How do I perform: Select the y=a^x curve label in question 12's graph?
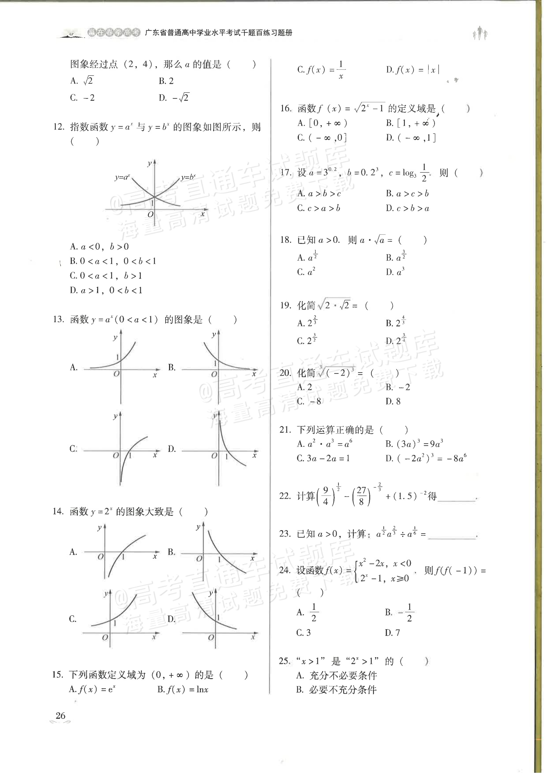[x=122, y=177]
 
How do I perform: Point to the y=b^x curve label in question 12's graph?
[x=188, y=177]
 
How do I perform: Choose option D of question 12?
[x=106, y=290]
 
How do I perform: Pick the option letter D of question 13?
[x=172, y=449]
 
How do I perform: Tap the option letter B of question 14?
[x=171, y=552]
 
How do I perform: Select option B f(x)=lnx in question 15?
[x=183, y=689]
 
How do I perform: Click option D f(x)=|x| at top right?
[x=413, y=70]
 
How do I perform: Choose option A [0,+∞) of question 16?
[x=322, y=123]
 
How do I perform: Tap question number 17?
[x=286, y=173]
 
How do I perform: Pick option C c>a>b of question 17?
[x=319, y=208]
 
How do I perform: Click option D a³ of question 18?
[x=395, y=272]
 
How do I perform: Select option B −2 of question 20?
[x=398, y=387]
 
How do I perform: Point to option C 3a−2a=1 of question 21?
[x=323, y=458]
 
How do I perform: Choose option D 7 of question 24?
[x=392, y=633]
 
